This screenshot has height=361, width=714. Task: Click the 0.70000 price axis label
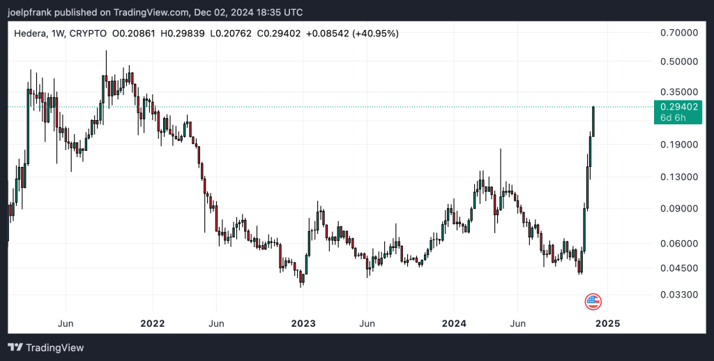(678, 33)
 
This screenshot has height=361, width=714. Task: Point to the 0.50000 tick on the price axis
(678, 61)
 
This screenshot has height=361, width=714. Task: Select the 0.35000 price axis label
(678, 91)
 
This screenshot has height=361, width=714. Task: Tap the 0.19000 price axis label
(678, 145)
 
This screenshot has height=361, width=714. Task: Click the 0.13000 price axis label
(678, 177)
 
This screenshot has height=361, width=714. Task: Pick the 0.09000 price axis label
(678, 208)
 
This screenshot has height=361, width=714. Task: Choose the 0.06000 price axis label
(678, 243)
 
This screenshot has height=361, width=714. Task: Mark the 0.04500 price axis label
(678, 267)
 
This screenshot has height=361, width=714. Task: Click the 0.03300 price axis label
(678, 295)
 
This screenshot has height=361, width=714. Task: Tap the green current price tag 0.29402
(678, 107)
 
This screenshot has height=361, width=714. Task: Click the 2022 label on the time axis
(152, 323)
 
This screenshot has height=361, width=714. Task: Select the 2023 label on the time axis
(303, 323)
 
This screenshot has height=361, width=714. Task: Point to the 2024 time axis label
(454, 323)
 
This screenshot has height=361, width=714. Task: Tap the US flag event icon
(593, 302)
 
